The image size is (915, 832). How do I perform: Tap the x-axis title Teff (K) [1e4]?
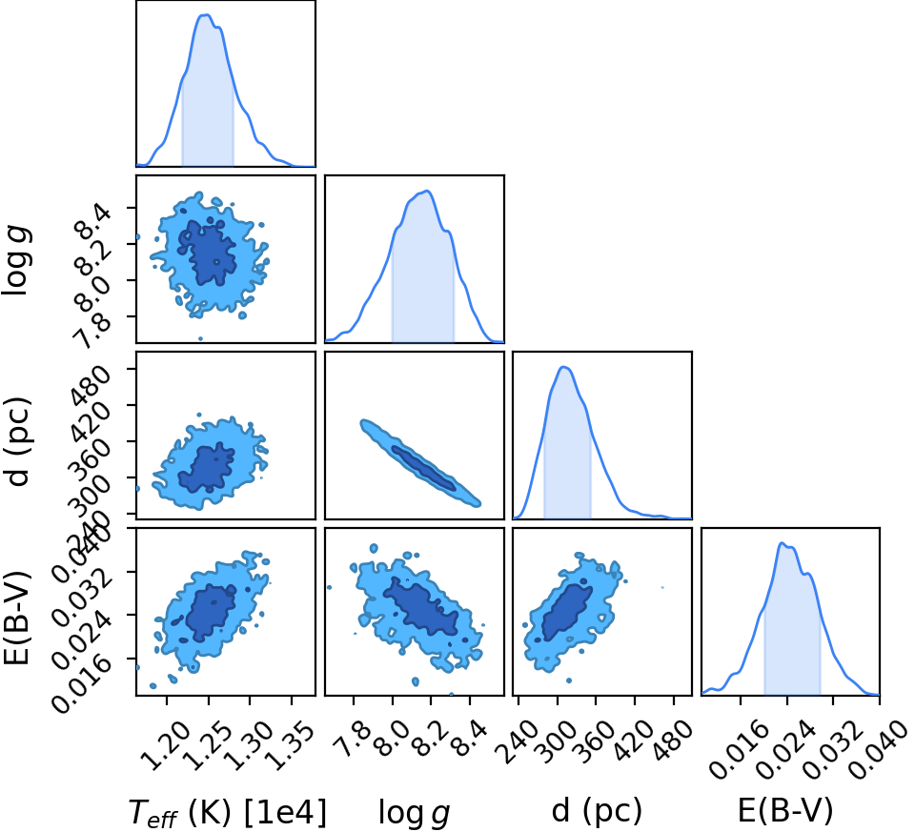[x=227, y=812]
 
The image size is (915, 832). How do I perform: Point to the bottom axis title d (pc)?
[x=597, y=811]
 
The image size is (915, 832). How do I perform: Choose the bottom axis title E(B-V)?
[x=785, y=811]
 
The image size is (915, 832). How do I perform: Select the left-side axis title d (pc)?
[x=17, y=441]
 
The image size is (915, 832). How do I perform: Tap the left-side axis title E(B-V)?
[x=16, y=618]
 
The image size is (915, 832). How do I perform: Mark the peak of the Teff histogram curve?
[x=206, y=14]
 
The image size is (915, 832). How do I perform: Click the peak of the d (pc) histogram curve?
[x=563, y=367]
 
